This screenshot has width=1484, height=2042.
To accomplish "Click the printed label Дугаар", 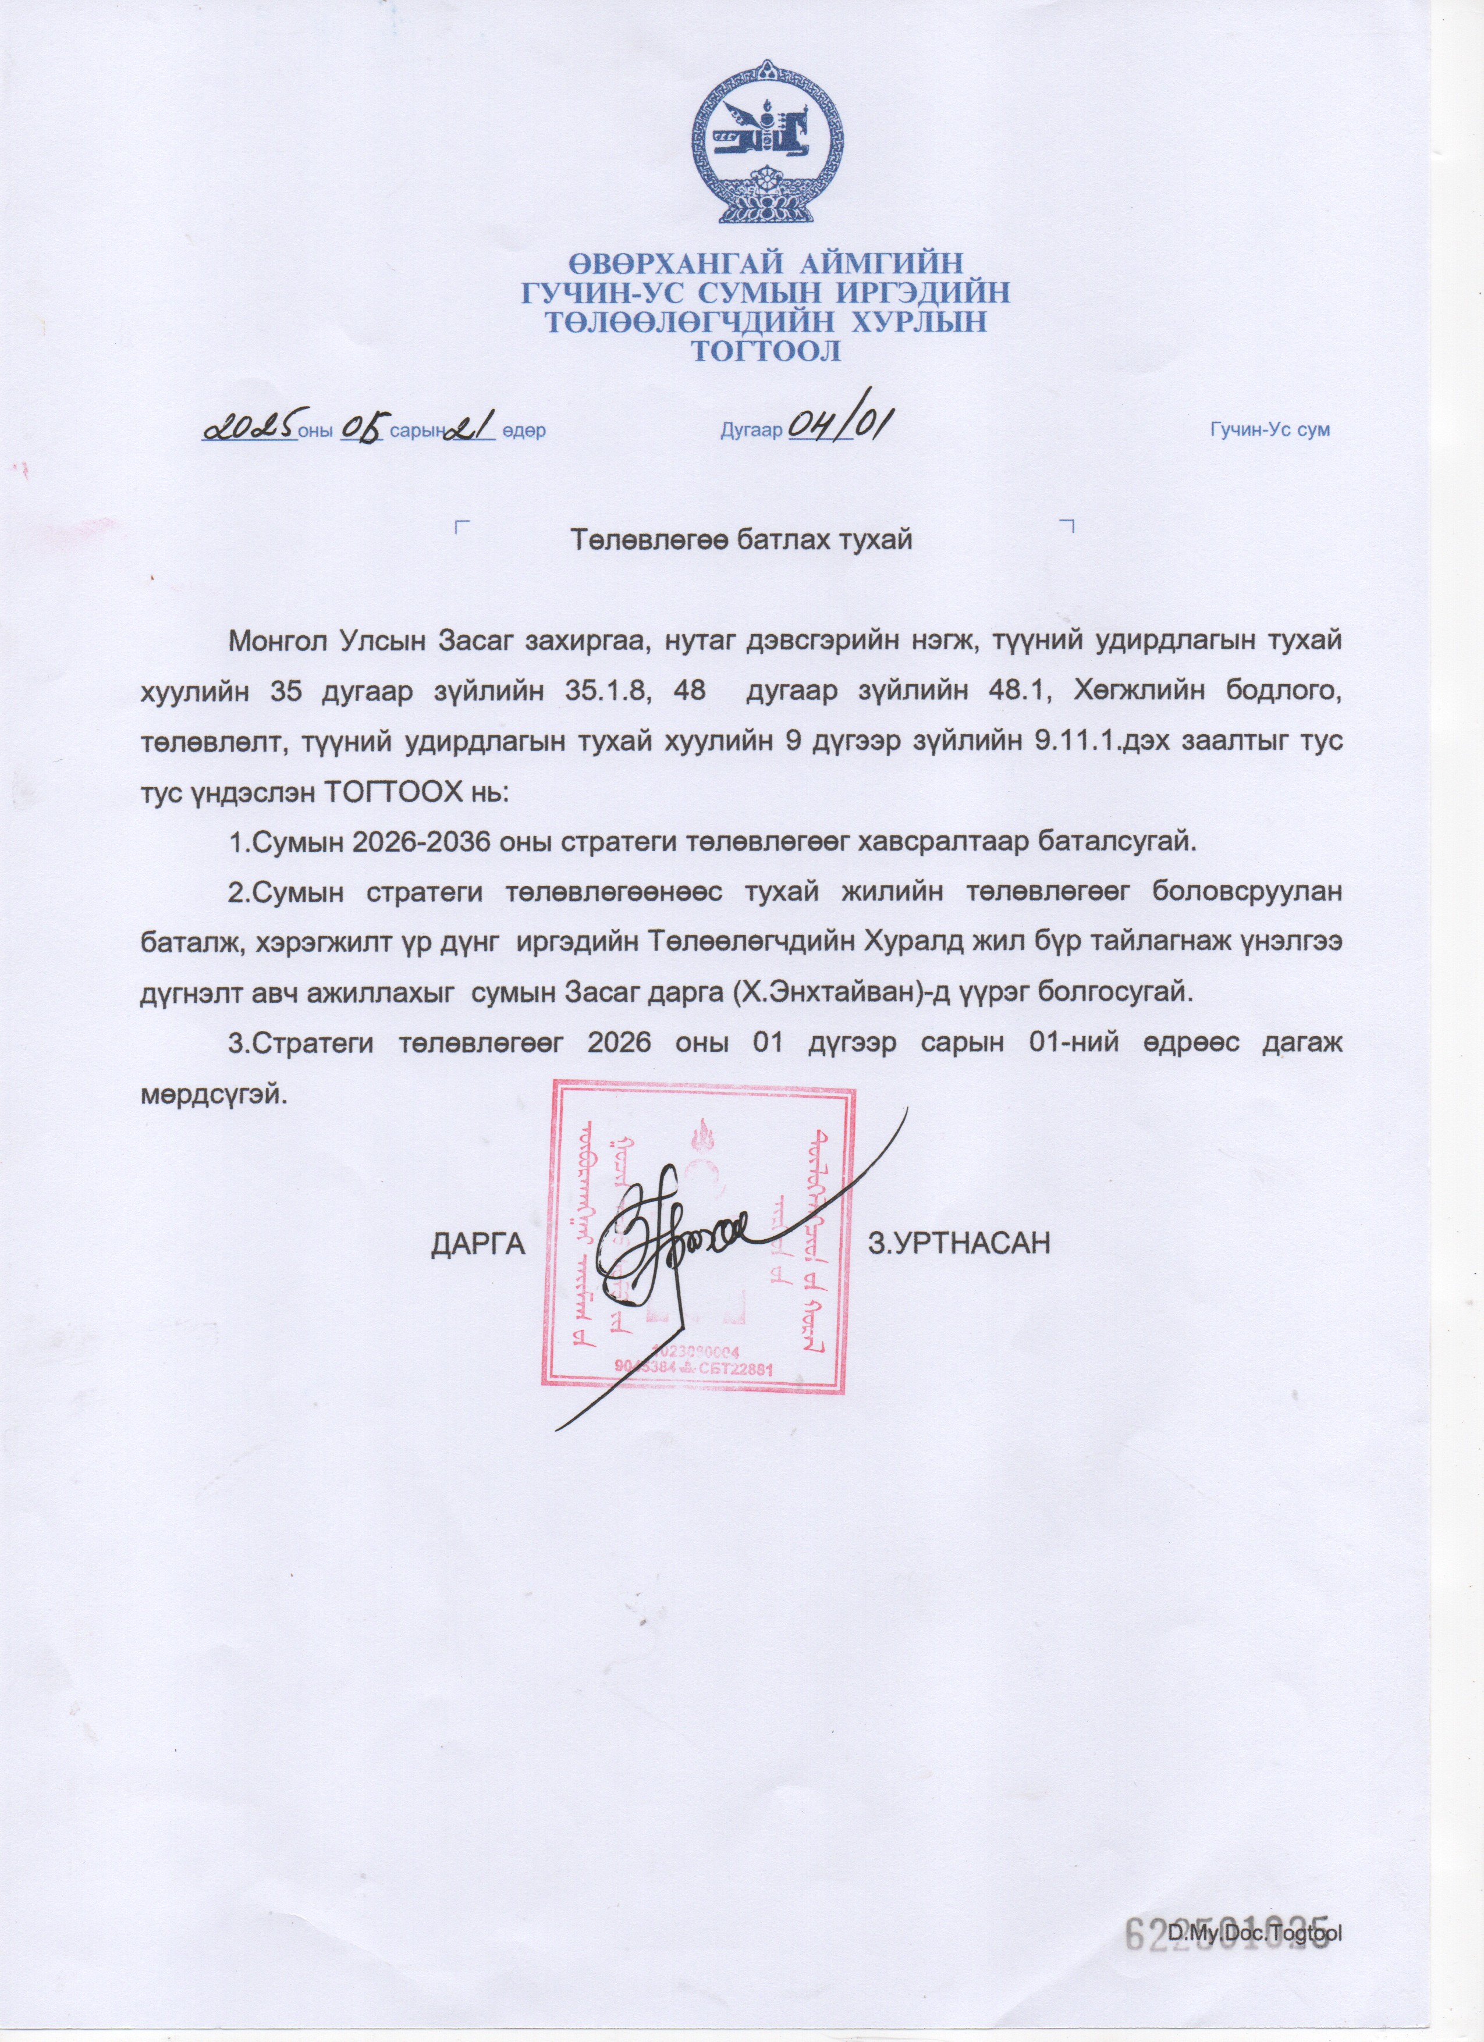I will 751,431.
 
